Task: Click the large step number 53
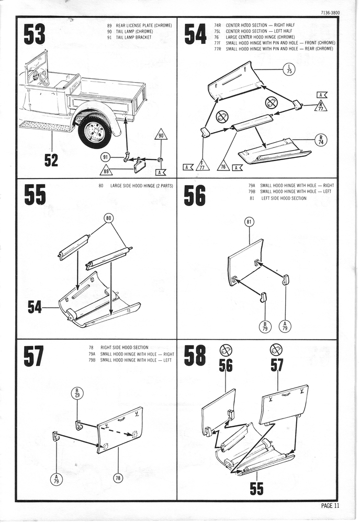tap(35, 35)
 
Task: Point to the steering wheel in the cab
tap(42, 77)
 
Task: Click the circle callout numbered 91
tap(105, 157)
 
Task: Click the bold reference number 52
tap(51, 160)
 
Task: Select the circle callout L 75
tap(289, 69)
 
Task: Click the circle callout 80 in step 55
tap(109, 218)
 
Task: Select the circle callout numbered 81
tap(250, 222)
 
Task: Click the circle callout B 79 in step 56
tap(265, 326)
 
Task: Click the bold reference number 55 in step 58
tap(256, 488)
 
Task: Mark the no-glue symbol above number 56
tap(226, 350)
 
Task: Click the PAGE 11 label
tap(330, 506)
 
